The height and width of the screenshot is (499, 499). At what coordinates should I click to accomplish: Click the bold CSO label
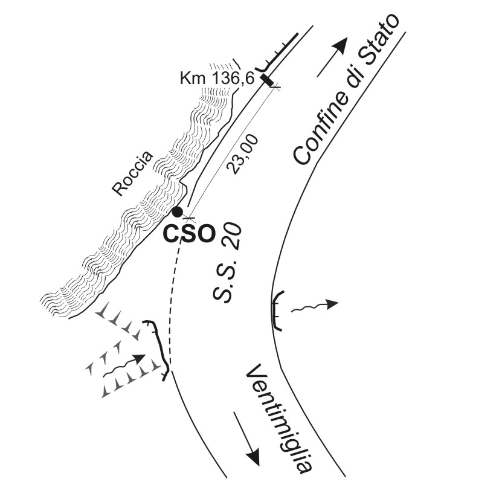pos(189,234)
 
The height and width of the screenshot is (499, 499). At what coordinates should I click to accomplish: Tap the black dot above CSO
pos(177,211)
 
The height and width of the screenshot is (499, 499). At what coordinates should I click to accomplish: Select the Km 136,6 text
pos(217,78)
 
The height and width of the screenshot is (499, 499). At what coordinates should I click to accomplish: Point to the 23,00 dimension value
pos(242,154)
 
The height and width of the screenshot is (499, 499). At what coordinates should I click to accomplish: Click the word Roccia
pos(133,174)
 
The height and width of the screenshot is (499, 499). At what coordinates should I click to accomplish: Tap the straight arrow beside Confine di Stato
pos(332,57)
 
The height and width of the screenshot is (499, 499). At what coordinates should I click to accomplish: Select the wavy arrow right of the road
pos(314,306)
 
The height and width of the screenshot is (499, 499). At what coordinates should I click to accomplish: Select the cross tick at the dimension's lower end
pos(189,218)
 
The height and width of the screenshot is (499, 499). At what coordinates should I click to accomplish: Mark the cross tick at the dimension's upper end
pos(275,87)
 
